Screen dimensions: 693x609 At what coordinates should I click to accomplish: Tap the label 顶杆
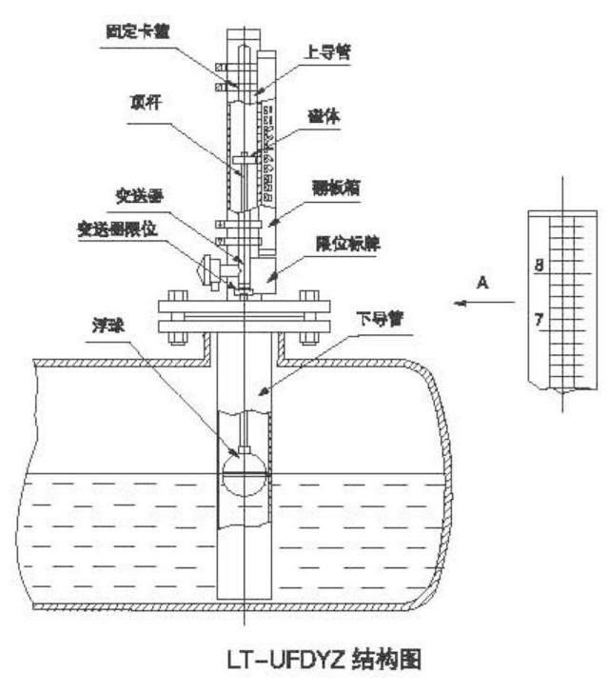pos(145,98)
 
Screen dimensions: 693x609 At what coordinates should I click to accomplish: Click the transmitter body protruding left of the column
pos(208,271)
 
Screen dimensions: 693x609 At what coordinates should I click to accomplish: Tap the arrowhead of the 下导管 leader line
pos(258,392)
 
